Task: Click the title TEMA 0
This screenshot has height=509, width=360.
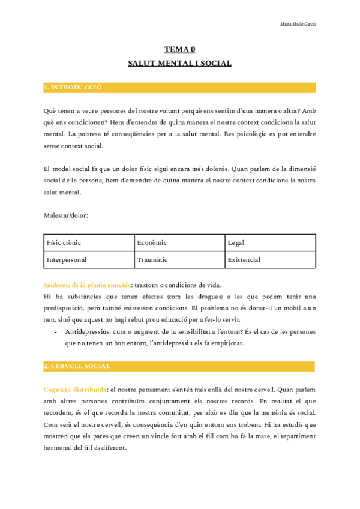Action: pos(180,50)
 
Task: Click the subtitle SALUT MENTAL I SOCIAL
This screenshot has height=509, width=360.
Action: pos(180,63)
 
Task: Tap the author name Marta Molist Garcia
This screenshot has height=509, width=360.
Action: pos(298,25)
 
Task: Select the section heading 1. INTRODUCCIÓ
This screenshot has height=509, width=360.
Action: pos(73,88)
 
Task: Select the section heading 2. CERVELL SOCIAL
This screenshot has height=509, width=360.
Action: pos(77,366)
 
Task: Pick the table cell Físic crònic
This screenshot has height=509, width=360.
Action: pos(64,243)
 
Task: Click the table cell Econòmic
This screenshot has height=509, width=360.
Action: pos(152,243)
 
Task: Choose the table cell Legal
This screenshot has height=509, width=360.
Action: pos(236,243)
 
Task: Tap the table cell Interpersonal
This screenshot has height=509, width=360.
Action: pos(67,260)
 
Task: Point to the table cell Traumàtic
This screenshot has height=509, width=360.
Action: pos(152,260)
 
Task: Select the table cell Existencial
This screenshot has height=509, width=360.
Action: pos(244,260)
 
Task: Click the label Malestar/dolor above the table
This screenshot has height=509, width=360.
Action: pos(66,215)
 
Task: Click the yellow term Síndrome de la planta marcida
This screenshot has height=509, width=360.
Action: pos(88,285)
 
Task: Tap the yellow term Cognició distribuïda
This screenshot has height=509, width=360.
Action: pos(76,390)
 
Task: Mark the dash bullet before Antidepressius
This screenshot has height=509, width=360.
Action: pos(55,331)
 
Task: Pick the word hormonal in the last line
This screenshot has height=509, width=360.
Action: pos(58,448)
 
